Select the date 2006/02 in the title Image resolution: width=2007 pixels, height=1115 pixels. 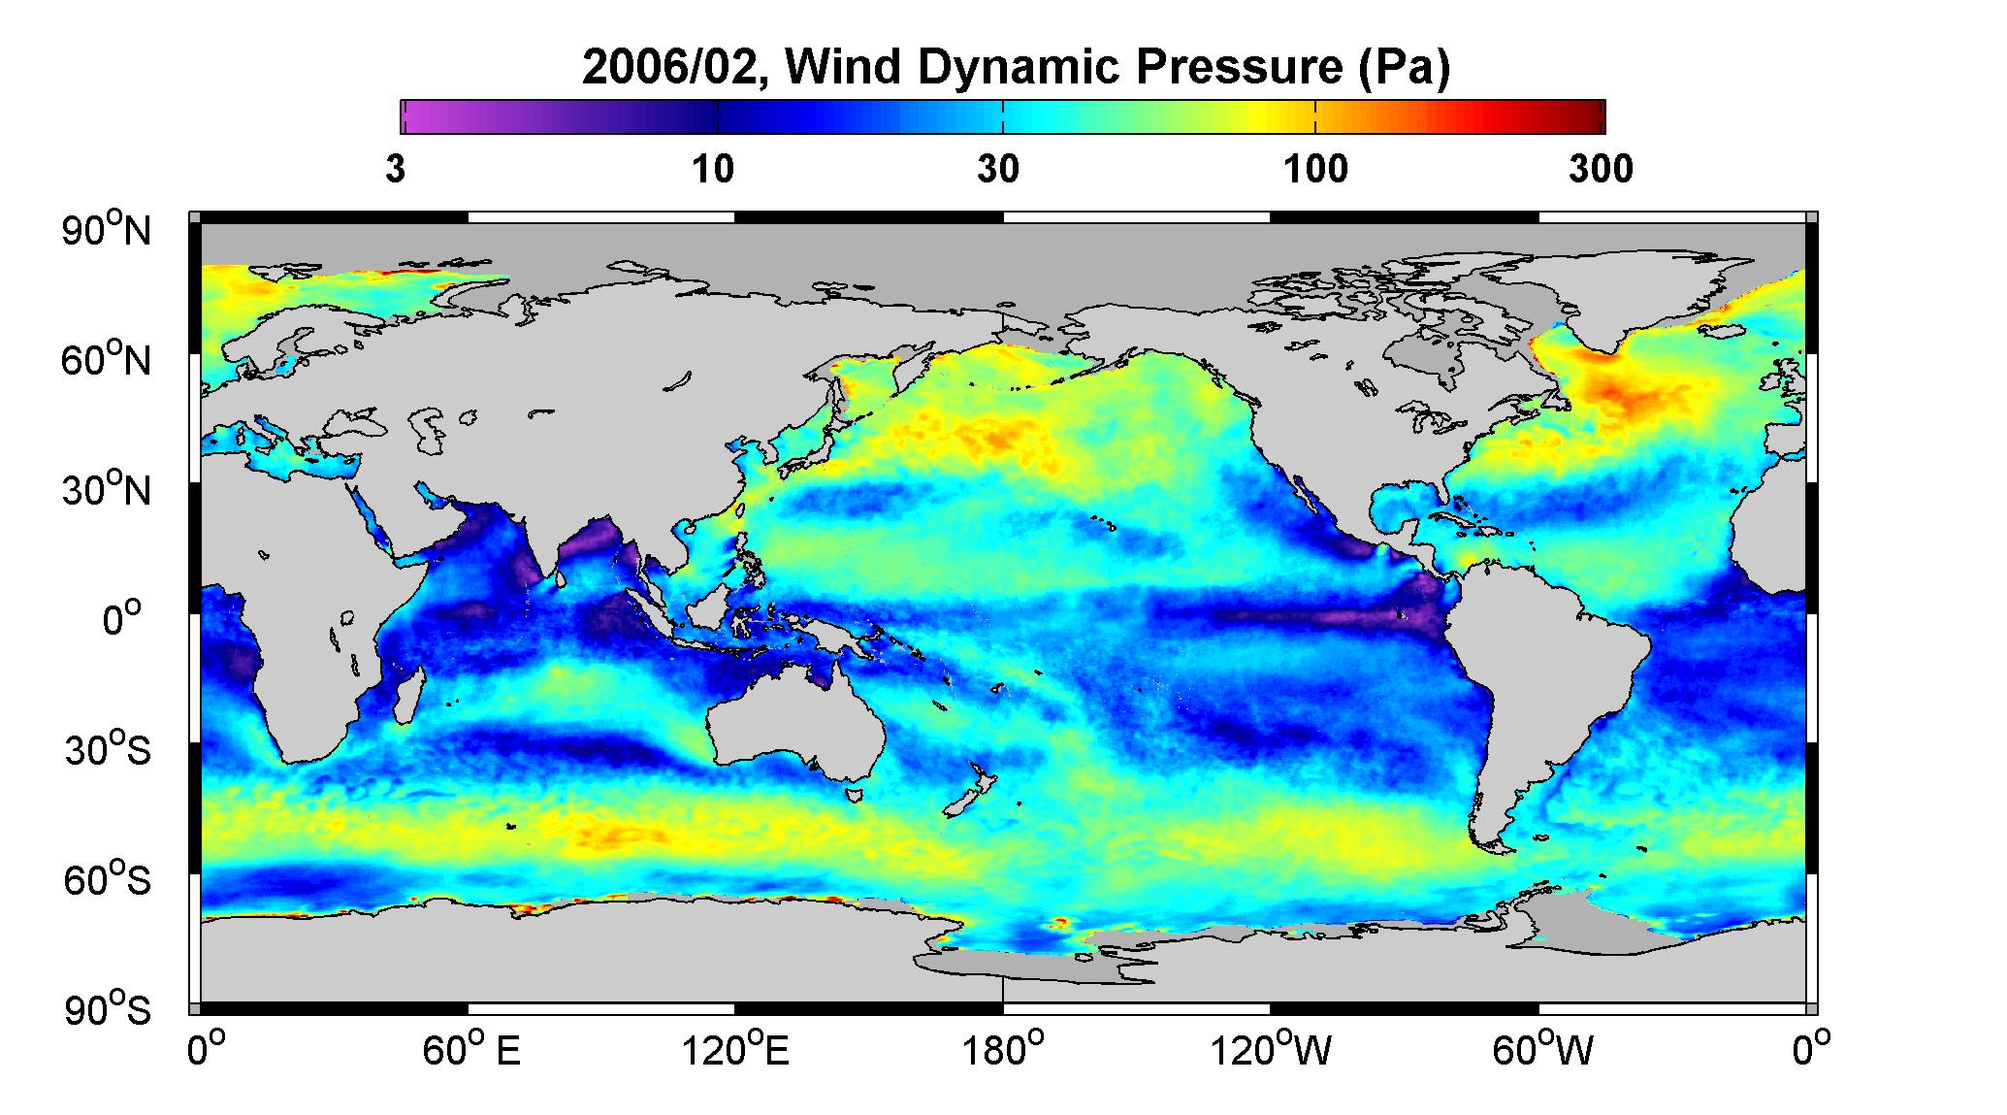pos(673,68)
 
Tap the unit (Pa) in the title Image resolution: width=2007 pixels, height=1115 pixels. pos(1405,68)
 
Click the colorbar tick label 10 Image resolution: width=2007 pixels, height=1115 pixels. pos(713,170)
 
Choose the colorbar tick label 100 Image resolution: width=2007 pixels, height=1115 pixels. pos(1315,170)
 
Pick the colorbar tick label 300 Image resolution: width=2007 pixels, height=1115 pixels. pos(1601,170)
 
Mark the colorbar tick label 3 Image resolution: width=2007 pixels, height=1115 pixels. pos(395,170)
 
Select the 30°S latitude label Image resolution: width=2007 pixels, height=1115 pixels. pos(108,749)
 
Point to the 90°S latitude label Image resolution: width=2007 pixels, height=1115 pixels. pos(108,1009)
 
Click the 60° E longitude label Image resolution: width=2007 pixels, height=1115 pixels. pos(470,1050)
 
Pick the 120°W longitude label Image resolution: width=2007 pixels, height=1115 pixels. pos(1270,1050)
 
